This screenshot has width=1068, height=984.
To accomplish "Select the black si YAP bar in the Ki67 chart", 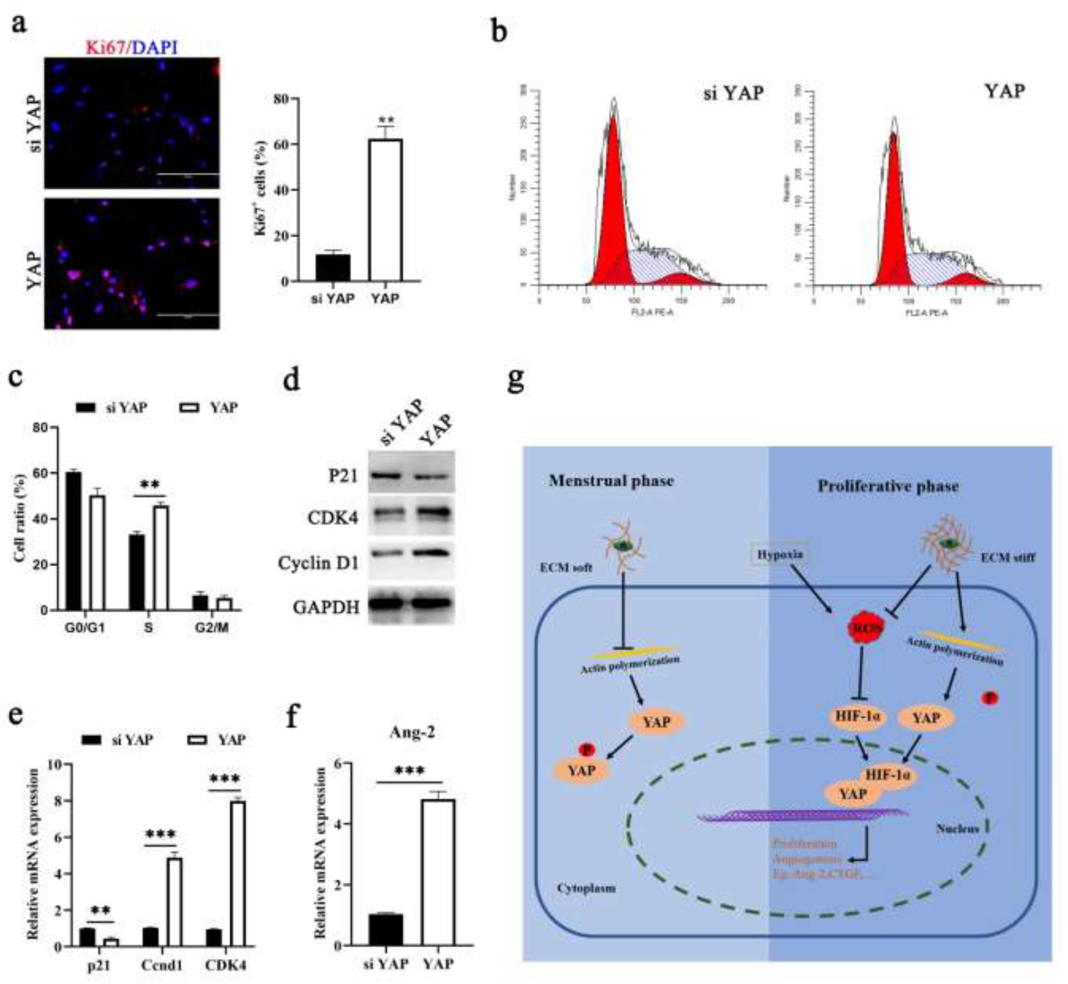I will [333, 267].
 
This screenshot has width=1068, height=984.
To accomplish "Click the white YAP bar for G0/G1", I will [97, 553].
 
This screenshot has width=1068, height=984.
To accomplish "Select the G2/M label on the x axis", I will [211, 628].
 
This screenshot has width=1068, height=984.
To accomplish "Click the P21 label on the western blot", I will [343, 475].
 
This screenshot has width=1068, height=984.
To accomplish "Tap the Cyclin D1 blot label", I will [318, 563].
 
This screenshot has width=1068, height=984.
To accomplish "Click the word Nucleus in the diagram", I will [957, 828].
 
